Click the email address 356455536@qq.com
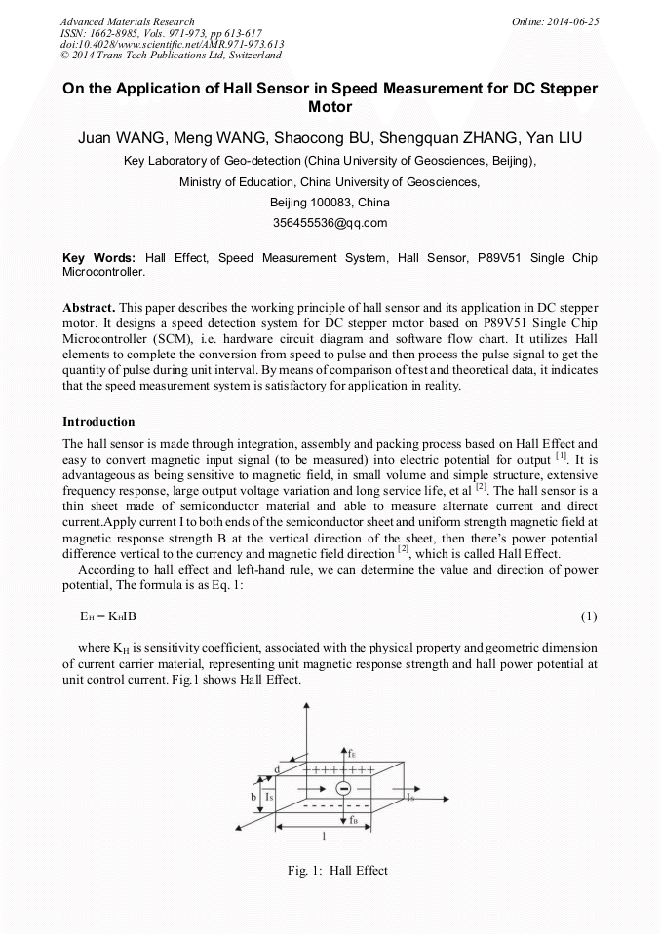[x=330, y=223]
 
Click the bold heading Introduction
[x=98, y=422]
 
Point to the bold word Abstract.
[x=88, y=306]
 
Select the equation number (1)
[x=588, y=616]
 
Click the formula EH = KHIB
[x=114, y=616]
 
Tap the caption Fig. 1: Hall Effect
[x=330, y=870]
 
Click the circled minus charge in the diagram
[x=342, y=789]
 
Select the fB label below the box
[x=354, y=819]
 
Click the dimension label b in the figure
[x=253, y=796]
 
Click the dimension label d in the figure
[x=279, y=769]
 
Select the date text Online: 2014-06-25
[x=555, y=20]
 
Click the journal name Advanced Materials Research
[x=127, y=20]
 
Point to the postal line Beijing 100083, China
[x=330, y=203]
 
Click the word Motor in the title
[x=330, y=106]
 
